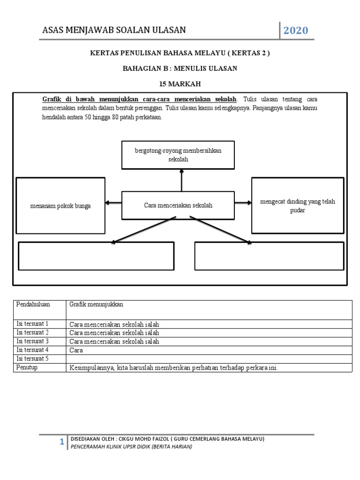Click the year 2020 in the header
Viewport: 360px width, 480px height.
click(x=295, y=31)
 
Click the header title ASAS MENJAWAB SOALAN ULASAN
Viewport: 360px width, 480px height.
click(x=114, y=30)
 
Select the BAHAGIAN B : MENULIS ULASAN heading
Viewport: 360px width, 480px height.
click(x=180, y=68)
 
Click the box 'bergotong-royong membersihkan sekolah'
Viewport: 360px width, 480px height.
click(x=178, y=155)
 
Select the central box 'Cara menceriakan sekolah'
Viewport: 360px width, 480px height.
click(x=178, y=205)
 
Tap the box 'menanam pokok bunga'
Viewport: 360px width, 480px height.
click(x=60, y=205)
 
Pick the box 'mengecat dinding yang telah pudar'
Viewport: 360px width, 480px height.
click(x=298, y=205)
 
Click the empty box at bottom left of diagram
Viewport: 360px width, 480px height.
click(x=96, y=256)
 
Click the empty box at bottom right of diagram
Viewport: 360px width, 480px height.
click(x=269, y=256)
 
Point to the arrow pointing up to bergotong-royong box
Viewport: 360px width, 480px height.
click(x=181, y=180)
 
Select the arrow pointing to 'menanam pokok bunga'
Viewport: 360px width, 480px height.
click(x=113, y=202)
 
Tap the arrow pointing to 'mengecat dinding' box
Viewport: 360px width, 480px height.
click(x=243, y=202)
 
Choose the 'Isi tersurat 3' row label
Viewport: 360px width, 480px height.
click(x=33, y=341)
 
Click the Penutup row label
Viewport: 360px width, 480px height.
click(x=27, y=367)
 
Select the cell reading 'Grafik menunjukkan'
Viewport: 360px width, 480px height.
click(x=96, y=305)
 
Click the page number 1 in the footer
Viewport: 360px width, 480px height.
click(x=61, y=442)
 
